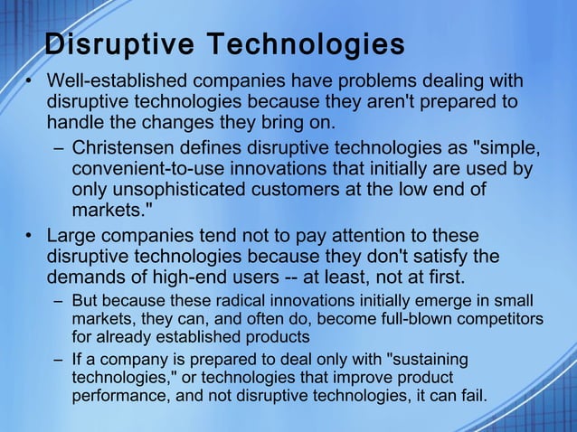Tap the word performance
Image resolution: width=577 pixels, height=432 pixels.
pos(114,396)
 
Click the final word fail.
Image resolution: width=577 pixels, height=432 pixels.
pos(473,396)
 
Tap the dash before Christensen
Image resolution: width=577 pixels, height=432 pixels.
pos(57,149)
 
